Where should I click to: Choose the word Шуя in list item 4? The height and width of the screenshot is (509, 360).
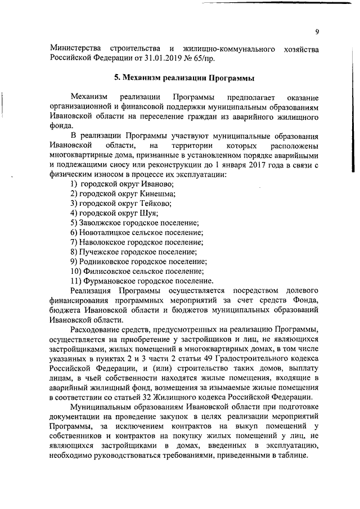coord(148,213)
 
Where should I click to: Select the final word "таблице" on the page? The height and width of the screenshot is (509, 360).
coord(292,454)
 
